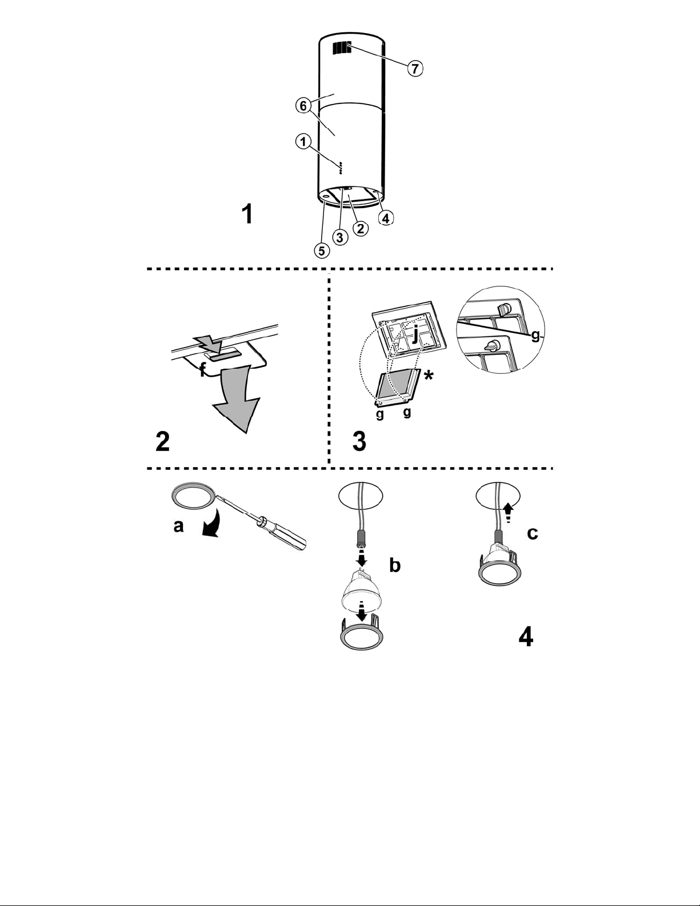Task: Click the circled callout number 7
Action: coord(415,68)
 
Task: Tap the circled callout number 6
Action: coord(303,106)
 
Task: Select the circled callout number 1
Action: coord(303,142)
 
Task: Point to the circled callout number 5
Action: coord(321,250)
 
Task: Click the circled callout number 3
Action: coord(340,237)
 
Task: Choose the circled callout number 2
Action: coord(361,228)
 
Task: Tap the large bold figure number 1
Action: coord(247,214)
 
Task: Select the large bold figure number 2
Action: coord(162,441)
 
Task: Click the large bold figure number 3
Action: coord(359,441)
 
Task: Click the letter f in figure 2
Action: coord(203,369)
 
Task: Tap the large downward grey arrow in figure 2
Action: coord(235,398)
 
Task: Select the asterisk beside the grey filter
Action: coord(427,376)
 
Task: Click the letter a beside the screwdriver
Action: coord(178,526)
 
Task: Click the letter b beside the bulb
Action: coord(394,565)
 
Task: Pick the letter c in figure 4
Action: coord(533,533)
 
